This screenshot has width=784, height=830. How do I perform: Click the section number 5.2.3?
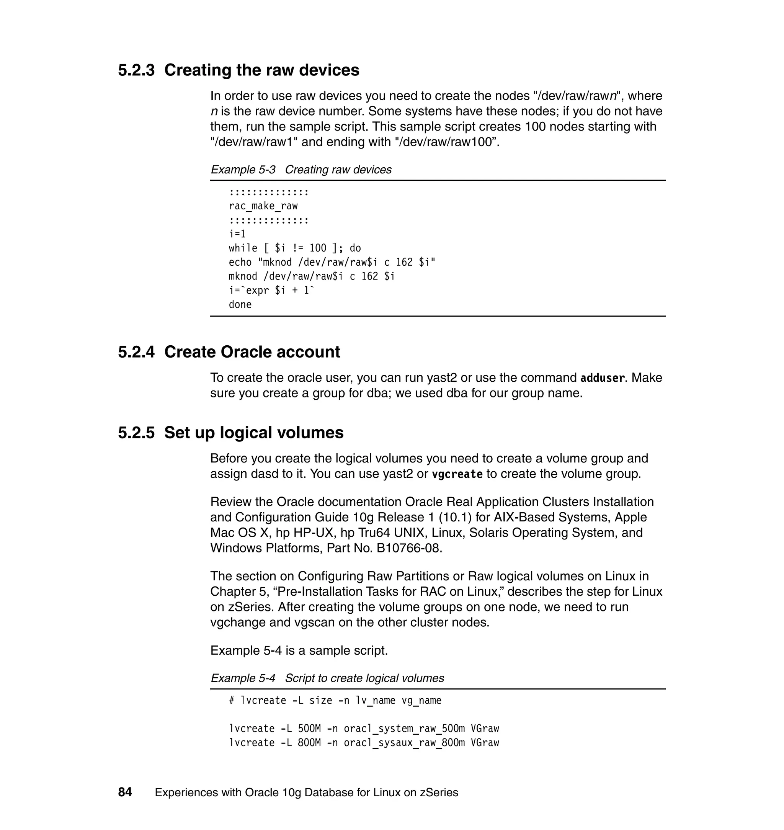[136, 70]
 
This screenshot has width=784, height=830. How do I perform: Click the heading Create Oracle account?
[252, 352]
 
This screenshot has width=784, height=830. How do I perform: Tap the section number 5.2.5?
[136, 433]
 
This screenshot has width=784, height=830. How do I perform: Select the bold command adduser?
[602, 378]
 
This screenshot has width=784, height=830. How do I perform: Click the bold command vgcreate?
[457, 474]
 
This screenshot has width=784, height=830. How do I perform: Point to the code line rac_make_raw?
[263, 206]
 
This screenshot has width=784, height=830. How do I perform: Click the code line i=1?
[237, 234]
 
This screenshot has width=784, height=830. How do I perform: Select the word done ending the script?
[240, 304]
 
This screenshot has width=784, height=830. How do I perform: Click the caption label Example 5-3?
[243, 170]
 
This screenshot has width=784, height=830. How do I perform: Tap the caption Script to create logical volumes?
[364, 678]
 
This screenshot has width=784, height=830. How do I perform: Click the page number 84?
[125, 792]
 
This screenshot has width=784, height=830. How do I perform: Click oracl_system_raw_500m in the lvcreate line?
[404, 729]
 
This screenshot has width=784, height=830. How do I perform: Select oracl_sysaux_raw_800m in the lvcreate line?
[404, 743]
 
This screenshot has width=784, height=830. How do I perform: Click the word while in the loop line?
[243, 248]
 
